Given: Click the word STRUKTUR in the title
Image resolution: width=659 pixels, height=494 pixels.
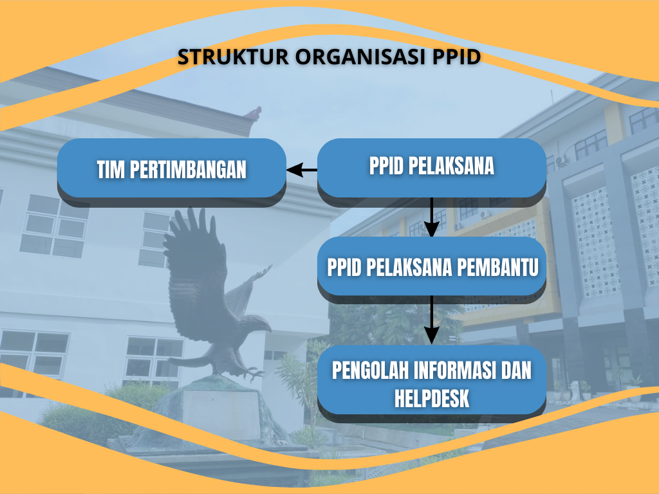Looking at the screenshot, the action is pos(233,57).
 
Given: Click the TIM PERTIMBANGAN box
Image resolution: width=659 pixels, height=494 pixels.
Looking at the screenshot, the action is pos(171,172).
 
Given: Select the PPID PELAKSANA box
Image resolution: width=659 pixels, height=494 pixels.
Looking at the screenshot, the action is pos(432,172).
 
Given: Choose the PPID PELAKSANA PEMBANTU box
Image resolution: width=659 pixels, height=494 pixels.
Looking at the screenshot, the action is pos(432,270).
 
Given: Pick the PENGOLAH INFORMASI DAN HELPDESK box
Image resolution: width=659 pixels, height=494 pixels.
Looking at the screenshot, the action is pos(432,384).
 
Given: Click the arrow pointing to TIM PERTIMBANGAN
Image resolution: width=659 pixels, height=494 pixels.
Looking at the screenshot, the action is pos(302,170).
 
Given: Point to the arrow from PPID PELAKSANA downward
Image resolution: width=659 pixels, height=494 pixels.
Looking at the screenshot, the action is pos(432,217).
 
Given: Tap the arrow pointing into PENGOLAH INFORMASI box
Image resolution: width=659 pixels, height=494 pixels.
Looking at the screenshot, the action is pos(432,320).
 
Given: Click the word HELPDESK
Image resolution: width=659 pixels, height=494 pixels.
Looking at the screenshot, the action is pos(432,398).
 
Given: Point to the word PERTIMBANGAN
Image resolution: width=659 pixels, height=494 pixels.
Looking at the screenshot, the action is pos(188,170).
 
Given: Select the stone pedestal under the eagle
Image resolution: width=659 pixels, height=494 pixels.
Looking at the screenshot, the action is pos(221,414).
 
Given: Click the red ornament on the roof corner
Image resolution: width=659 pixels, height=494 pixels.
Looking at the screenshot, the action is pos(252,113).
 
